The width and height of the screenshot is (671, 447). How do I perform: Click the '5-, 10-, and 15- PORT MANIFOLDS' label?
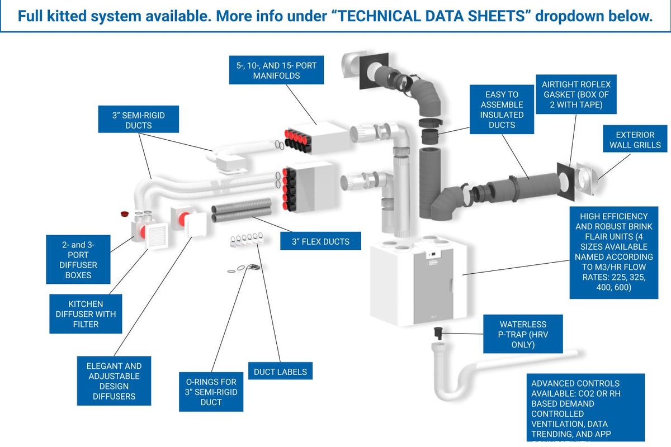(x=276, y=70)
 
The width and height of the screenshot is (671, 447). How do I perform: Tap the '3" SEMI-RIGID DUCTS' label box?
(x=139, y=120)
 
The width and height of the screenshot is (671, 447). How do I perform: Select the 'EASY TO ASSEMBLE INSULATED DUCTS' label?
(x=502, y=110)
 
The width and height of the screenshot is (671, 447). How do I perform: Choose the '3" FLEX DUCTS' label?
(x=320, y=241)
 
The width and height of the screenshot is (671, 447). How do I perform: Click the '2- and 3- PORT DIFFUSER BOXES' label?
(x=78, y=260)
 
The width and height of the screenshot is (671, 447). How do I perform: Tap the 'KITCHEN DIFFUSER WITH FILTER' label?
(x=86, y=314)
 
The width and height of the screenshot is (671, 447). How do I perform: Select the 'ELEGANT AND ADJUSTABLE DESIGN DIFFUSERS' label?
(x=114, y=381)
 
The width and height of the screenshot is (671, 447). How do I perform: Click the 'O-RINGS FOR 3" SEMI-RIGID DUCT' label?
(x=211, y=392)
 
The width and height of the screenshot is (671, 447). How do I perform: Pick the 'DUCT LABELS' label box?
(x=280, y=372)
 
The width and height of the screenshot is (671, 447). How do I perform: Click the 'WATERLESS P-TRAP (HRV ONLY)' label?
(x=523, y=334)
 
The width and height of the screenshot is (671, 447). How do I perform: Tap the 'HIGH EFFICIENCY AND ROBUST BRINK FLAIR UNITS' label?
(x=613, y=251)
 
